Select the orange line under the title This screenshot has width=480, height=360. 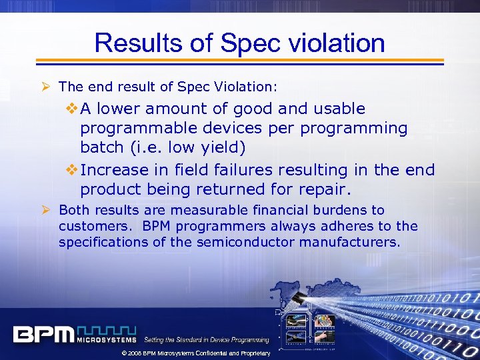pyautogui.click(x=240, y=61)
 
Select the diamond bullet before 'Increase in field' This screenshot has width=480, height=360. pyautogui.click(x=72, y=170)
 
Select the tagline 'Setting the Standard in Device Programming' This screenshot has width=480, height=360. pyautogui.click(x=207, y=340)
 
